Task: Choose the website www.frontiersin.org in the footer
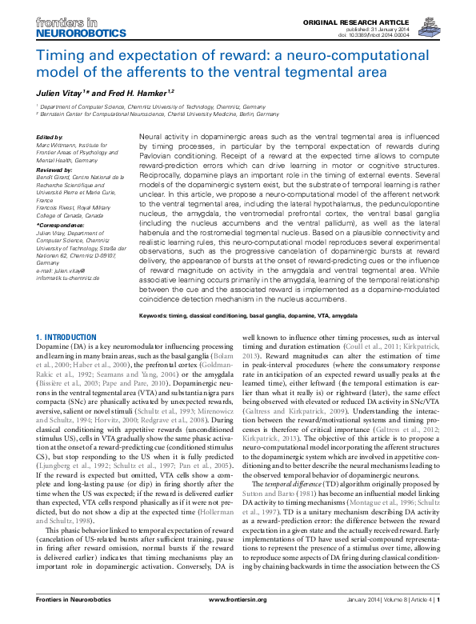[x=238, y=613]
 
